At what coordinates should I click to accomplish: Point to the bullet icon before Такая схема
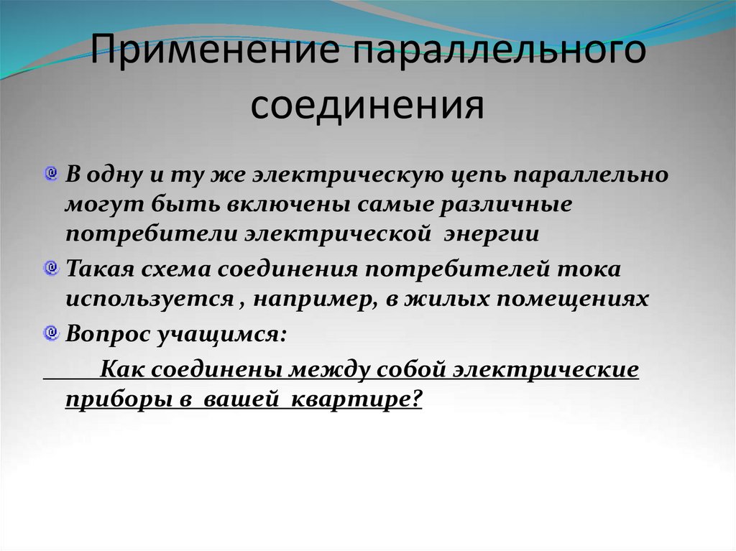click(51, 269)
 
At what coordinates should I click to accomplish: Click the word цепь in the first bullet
click(474, 176)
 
